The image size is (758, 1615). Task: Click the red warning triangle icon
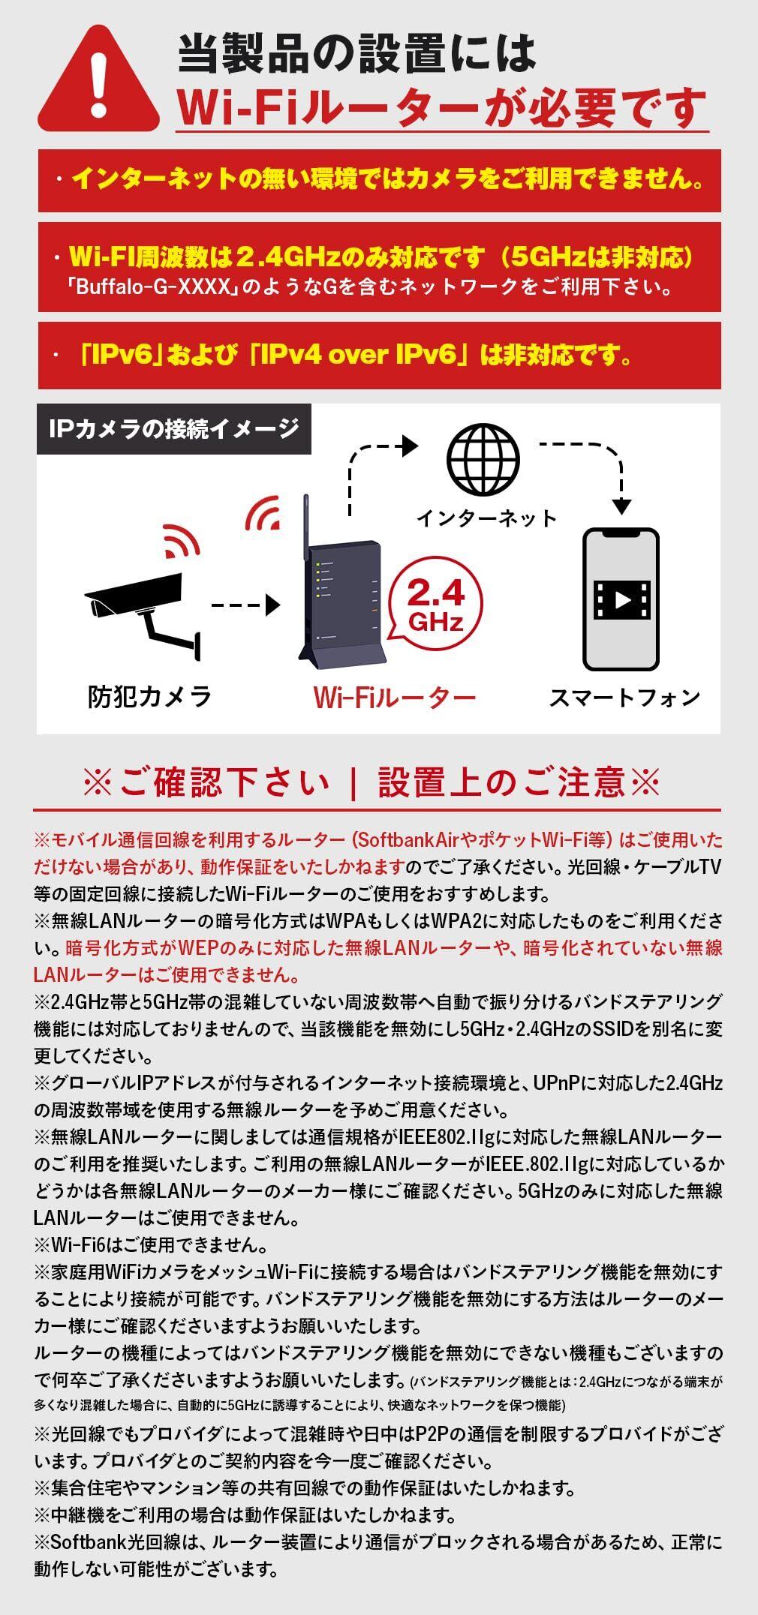[x=98, y=81]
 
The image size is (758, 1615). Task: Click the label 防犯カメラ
[x=149, y=697]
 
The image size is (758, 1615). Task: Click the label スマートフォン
[x=624, y=698]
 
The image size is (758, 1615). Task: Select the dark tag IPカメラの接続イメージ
[x=173, y=429]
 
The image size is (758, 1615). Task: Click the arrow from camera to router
[x=245, y=603]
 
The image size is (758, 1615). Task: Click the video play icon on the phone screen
[x=621, y=599]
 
